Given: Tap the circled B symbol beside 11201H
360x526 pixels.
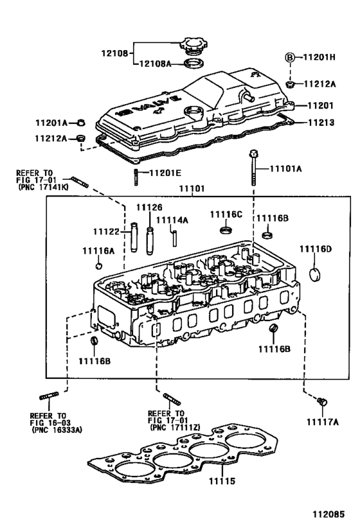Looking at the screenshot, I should [290, 57].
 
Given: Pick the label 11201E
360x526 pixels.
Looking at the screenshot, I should [166, 173].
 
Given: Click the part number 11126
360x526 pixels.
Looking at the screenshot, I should [148, 207].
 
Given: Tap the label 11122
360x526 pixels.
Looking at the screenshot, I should [107, 231].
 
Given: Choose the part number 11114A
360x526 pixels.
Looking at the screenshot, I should [173, 220].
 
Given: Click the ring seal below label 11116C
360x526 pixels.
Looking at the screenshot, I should [226, 230].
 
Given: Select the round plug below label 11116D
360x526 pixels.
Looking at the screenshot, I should [315, 275].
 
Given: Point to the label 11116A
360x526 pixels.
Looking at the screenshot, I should [98, 250].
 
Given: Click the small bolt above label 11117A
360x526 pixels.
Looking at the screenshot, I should [321, 401].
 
